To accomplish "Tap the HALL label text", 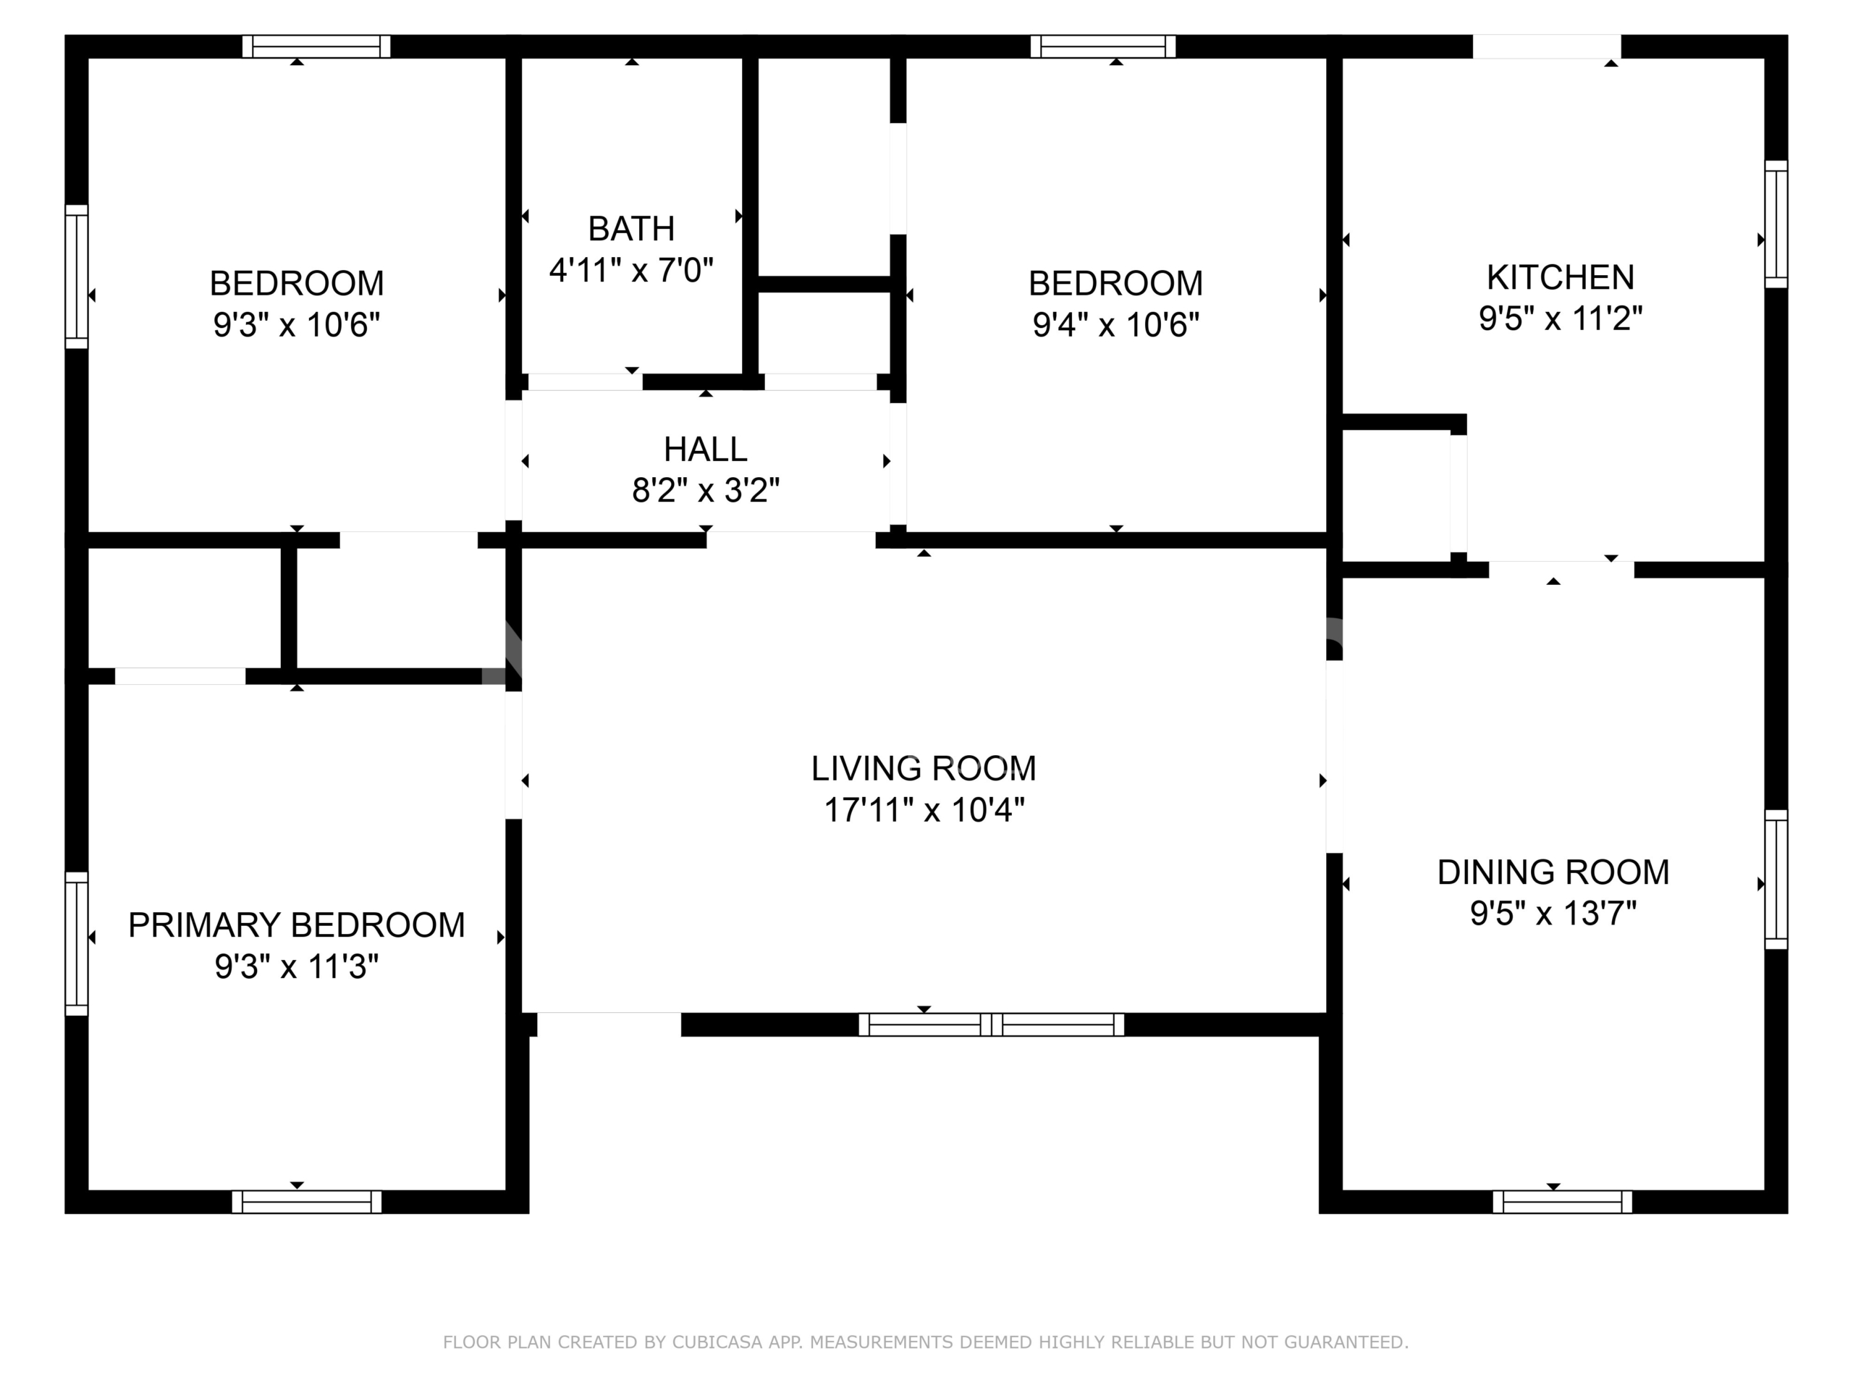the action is tap(705, 449).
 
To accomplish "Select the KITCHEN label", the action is tap(1560, 277).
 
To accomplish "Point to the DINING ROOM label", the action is tap(1553, 872).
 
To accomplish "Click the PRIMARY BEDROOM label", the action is tap(297, 925).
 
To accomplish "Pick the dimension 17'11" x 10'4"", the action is tap(924, 809).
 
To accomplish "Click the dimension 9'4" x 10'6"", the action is tap(1116, 324).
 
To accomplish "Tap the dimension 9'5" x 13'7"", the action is tap(1553, 912).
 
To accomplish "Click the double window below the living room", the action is tap(991, 1024).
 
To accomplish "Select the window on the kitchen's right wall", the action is tap(1776, 224).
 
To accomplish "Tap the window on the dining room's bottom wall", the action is tap(1562, 1202).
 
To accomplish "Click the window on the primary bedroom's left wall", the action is tap(76, 943).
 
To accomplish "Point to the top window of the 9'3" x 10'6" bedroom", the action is tap(316, 46).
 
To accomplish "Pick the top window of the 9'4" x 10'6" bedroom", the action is tap(1102, 46).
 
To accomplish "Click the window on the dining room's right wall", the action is tap(1776, 879).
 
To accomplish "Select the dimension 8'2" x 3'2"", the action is tap(705, 490).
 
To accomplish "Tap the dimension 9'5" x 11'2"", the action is tap(1560, 319).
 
